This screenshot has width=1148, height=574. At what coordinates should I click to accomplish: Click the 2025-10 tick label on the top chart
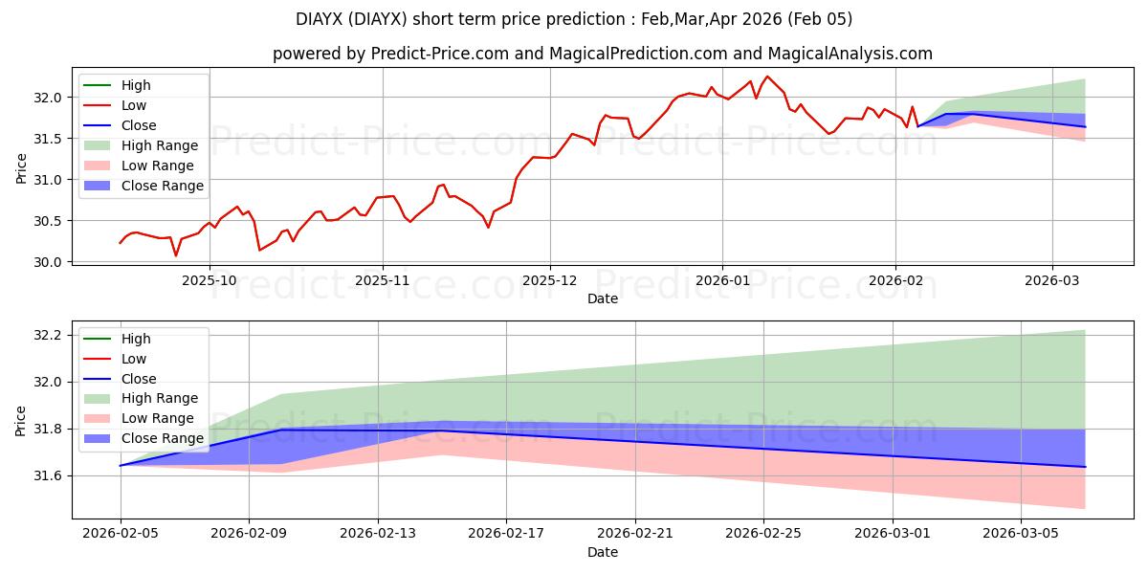tap(210, 281)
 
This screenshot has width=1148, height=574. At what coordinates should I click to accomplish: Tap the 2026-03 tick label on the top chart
tap(1052, 281)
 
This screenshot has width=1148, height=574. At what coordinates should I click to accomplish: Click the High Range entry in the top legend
tap(160, 145)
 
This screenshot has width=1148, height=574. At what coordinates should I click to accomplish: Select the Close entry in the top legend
tap(139, 125)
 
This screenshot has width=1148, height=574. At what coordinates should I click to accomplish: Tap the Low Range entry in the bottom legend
tap(159, 418)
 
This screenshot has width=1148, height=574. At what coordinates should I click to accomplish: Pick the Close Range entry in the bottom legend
tap(163, 438)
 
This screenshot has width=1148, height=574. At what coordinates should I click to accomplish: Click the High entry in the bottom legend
tap(136, 339)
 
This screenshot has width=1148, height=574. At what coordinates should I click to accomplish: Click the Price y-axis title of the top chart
tap(22, 168)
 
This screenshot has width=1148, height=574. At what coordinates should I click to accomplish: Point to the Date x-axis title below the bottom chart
tap(603, 552)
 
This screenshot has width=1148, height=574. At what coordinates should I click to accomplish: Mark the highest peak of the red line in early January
tap(767, 77)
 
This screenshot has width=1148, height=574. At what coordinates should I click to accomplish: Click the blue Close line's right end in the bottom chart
tap(1085, 467)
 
